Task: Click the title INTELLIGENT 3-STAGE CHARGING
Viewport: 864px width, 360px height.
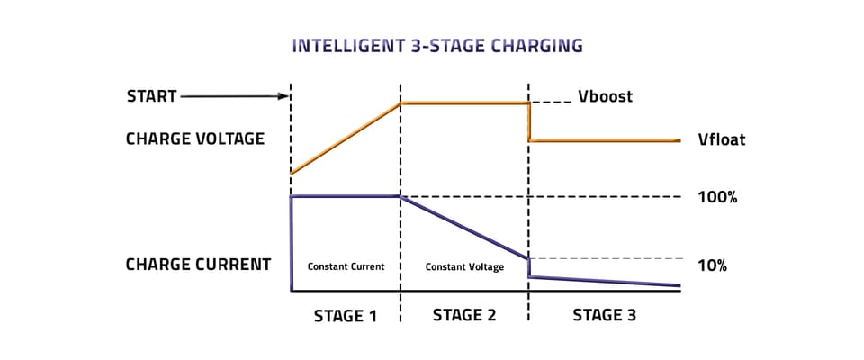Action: tap(437, 46)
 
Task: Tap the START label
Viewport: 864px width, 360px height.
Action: tap(151, 96)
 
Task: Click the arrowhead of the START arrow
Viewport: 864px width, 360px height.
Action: tap(283, 96)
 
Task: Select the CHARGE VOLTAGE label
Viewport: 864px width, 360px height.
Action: tap(195, 139)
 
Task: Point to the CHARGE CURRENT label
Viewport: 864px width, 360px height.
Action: tap(198, 265)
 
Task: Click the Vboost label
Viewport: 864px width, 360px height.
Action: tap(605, 96)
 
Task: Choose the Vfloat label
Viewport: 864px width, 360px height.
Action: tap(721, 139)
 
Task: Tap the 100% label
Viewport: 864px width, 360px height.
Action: tap(717, 197)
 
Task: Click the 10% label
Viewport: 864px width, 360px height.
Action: tap(713, 265)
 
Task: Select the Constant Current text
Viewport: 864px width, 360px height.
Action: tap(346, 266)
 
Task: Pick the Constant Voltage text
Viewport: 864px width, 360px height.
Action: tap(464, 267)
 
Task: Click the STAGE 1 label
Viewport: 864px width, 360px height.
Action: tap(346, 316)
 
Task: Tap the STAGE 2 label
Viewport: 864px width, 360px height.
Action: tap(464, 315)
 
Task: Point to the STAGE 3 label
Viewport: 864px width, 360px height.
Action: tap(605, 315)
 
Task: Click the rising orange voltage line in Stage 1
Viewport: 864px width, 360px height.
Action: tap(346, 139)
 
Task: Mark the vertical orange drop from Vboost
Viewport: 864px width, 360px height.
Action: tap(529, 121)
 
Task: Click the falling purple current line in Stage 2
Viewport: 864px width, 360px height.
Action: tap(464, 227)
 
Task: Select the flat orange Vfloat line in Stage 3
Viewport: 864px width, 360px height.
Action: tap(605, 140)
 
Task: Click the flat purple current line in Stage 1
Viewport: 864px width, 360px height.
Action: tap(346, 195)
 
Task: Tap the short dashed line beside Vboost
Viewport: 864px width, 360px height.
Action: tap(551, 103)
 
